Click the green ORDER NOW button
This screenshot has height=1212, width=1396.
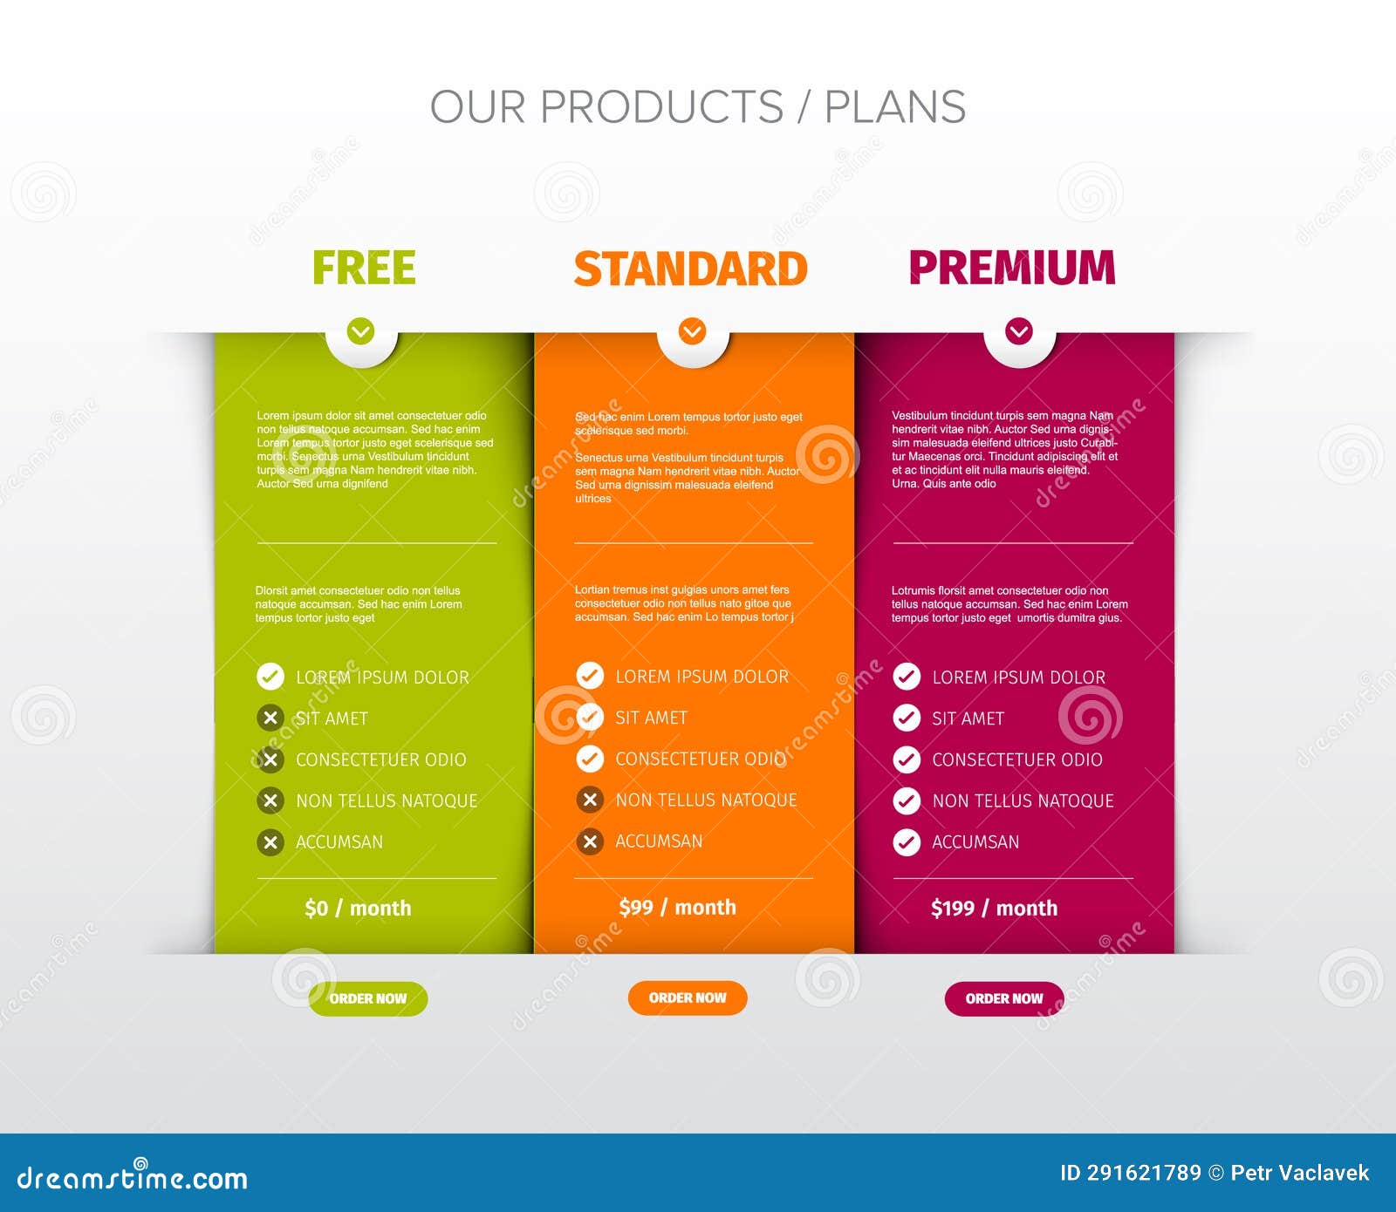tap(367, 998)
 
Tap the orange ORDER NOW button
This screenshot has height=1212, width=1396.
tap(688, 998)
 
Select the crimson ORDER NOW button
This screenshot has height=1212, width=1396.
tap(1004, 998)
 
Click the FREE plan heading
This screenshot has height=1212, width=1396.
tap(364, 268)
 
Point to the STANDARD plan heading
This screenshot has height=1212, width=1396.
tap(690, 269)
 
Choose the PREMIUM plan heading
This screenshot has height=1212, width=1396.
tap(1012, 268)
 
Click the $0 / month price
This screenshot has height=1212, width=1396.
tap(358, 909)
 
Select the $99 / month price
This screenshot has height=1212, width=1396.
tap(677, 908)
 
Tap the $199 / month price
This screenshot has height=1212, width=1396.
tap(994, 909)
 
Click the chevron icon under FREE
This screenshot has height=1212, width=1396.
tap(360, 331)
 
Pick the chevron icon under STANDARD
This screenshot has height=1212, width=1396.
tap(693, 331)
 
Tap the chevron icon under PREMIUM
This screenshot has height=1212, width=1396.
tap(1019, 331)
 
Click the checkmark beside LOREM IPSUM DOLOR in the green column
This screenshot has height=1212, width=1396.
tap(270, 677)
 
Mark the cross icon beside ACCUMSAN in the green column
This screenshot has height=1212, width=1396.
tap(270, 842)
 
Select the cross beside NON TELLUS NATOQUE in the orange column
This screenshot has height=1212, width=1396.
tap(590, 800)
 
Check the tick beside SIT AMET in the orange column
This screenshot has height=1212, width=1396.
tap(590, 718)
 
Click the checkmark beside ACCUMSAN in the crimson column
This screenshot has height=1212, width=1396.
tap(907, 842)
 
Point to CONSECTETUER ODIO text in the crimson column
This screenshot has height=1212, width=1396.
tap(1016, 759)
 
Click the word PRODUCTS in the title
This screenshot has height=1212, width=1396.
tap(661, 107)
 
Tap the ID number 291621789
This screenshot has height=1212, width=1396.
tap(1144, 1173)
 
